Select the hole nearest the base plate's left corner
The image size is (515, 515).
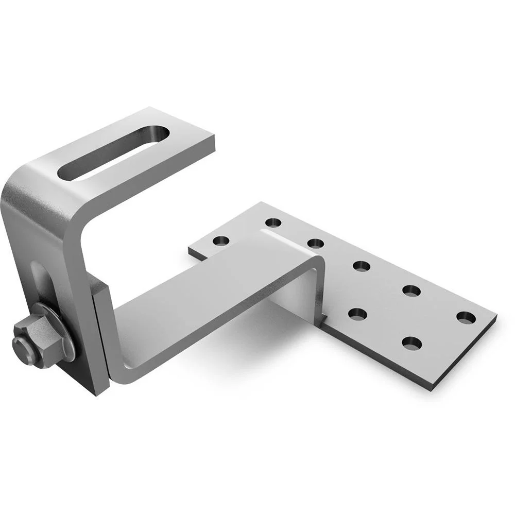[x=221, y=241]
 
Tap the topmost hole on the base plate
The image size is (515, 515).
[x=273, y=223]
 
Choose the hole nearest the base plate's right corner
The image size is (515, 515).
[x=466, y=318]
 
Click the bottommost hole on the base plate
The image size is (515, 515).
[x=412, y=342]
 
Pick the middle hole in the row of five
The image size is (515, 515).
[x=362, y=266]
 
